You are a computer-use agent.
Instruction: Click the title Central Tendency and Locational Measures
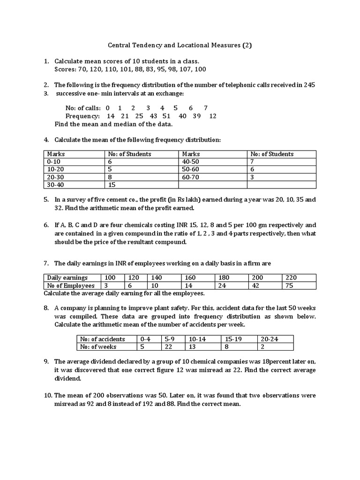[180, 45]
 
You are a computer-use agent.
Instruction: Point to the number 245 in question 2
[309, 85]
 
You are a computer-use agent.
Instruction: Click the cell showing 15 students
[112, 185]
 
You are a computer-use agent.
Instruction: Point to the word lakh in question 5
[196, 200]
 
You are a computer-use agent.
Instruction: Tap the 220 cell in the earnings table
[291, 277]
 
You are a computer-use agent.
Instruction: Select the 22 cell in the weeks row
[168, 347]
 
